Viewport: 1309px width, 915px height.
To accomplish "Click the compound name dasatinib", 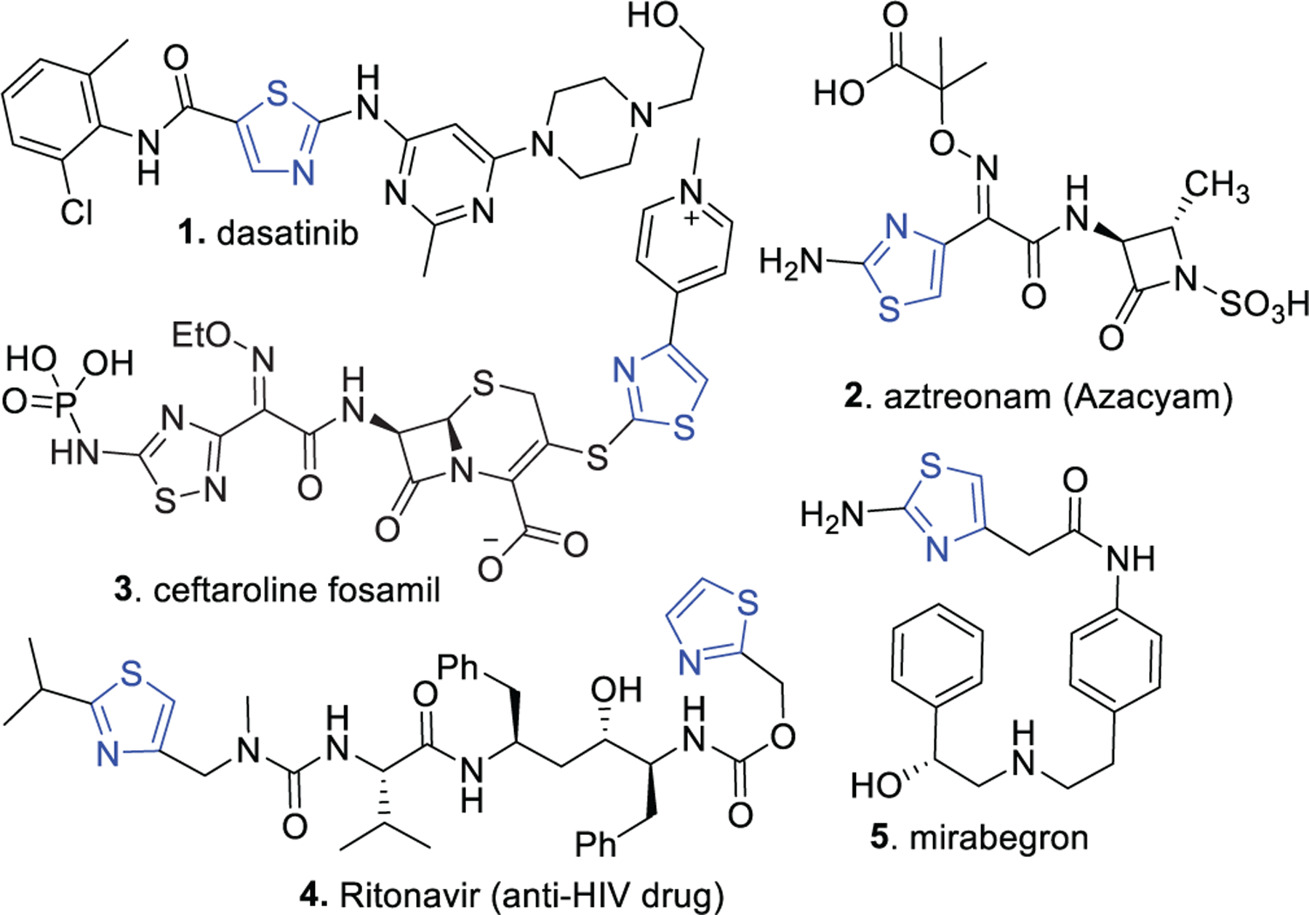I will (x=287, y=234).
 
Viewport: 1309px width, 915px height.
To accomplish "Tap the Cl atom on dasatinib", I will (x=76, y=211).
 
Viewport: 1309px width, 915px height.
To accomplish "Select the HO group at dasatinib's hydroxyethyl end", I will (x=652, y=16).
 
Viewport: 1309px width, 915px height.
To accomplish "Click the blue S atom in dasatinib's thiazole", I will (x=277, y=94).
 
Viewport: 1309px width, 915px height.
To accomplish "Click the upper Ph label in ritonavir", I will (x=457, y=666).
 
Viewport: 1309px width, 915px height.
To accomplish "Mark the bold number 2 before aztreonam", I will (x=852, y=397).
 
